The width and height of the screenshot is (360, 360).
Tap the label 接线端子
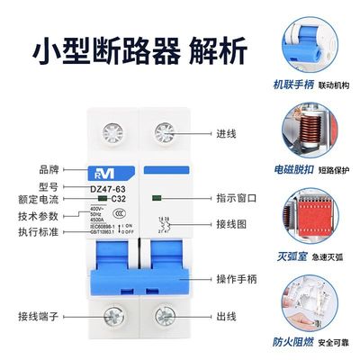pyautogui.click(x=40, y=316)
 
